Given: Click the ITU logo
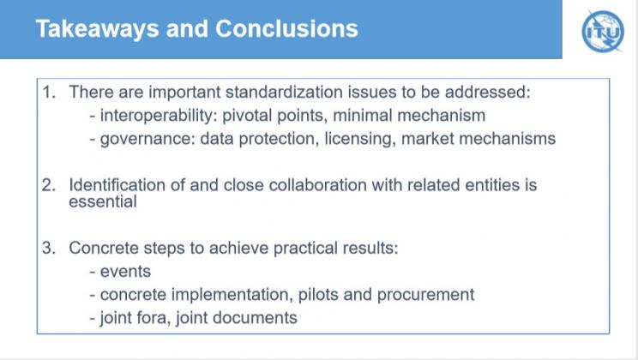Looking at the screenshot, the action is (x=603, y=31).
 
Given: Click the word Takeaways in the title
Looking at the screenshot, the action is (x=97, y=29).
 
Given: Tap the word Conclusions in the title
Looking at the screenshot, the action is (x=286, y=29).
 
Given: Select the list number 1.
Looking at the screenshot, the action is (x=48, y=93).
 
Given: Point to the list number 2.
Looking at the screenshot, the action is (x=48, y=185).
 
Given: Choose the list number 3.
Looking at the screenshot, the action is (x=48, y=248).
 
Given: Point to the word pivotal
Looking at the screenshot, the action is (x=247, y=117).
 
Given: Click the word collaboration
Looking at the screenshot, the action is (x=318, y=185).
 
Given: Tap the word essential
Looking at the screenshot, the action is (x=103, y=201).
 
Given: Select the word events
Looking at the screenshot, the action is (x=125, y=272).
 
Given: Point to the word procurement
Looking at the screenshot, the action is (x=425, y=296).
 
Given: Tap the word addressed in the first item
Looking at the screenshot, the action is (x=488, y=92).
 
